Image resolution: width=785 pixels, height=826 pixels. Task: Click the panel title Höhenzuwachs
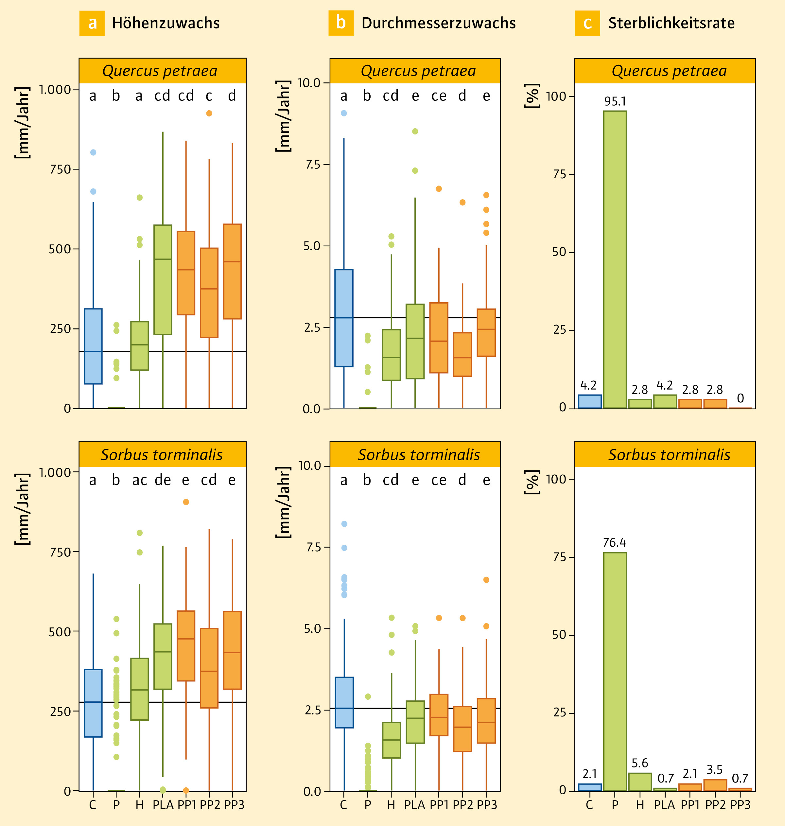click(166, 23)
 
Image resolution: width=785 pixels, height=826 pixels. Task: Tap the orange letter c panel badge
click(587, 23)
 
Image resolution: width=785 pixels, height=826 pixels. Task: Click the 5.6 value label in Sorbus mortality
click(640, 763)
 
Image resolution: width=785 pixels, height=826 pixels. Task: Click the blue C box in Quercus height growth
click(93, 346)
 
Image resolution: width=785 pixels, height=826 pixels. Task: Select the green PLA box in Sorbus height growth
click(163, 656)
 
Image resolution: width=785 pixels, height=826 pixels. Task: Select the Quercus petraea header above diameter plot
click(418, 71)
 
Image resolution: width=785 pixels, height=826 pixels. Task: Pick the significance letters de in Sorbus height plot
click(163, 480)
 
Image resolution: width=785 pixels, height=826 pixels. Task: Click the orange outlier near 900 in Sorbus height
click(186, 502)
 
